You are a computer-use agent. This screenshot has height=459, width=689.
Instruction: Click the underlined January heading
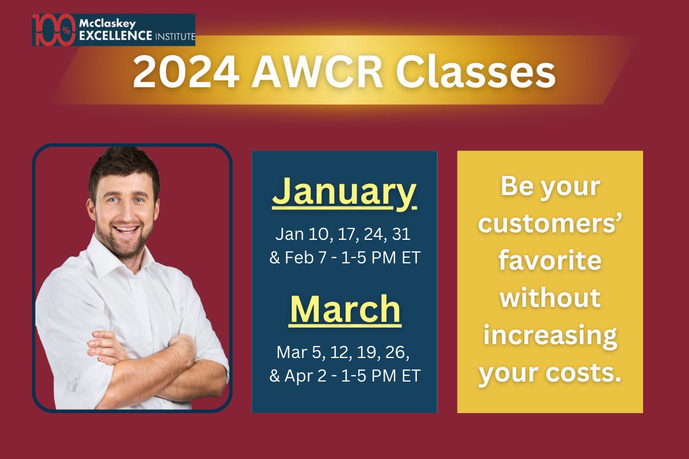[x=344, y=192]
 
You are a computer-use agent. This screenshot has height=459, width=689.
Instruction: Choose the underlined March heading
[x=345, y=309]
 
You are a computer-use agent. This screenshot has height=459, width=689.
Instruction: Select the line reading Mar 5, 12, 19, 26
[x=344, y=351]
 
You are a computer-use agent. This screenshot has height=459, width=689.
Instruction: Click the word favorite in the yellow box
[x=549, y=260]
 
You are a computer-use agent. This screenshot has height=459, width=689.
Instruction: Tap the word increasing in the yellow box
[x=549, y=335]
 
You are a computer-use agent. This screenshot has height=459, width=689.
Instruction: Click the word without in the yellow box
[x=549, y=298]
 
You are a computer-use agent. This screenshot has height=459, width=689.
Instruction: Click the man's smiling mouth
[x=127, y=231]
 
